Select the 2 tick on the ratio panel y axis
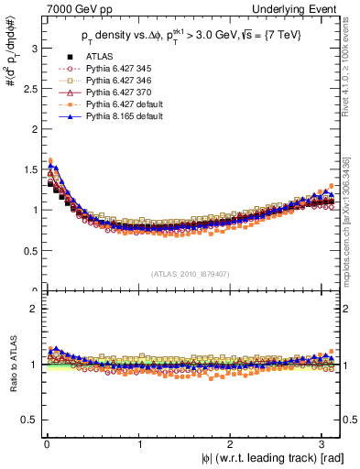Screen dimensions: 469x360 pyautogui.click(x=34, y=309)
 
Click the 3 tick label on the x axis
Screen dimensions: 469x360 pyautogui.click(x=323, y=443)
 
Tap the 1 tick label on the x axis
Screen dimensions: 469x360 pyautogui.click(x=138, y=443)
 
